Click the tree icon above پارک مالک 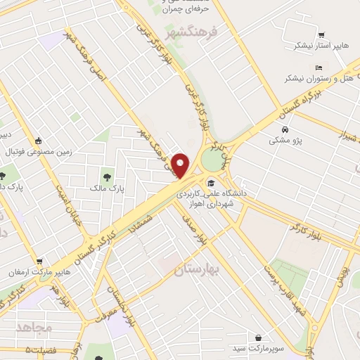coord(107,176)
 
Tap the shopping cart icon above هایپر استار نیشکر coord(320,34)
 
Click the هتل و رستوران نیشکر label coord(314,79)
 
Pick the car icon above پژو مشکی coord(285,130)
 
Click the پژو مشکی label coord(285,141)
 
